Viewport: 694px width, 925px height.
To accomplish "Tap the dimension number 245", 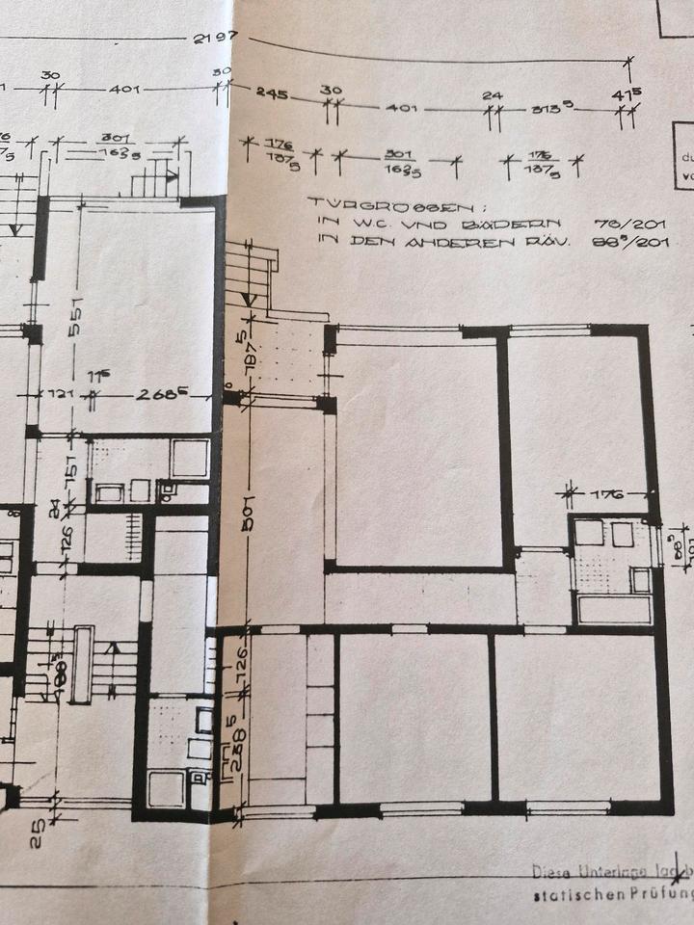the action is coord(274,92).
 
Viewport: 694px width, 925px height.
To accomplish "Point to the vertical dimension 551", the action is coord(73,315).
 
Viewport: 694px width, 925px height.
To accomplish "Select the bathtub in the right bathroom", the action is coord(613,610).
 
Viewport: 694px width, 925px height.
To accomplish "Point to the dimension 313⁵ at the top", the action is coord(553,110).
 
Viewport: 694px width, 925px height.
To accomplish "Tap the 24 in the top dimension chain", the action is coord(494,95).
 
